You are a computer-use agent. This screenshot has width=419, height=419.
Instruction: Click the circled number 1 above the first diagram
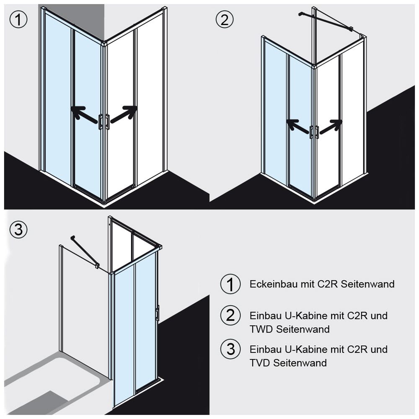(18, 20)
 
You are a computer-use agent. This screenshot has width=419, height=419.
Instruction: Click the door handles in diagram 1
(104, 121)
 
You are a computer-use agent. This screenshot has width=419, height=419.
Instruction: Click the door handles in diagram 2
(314, 132)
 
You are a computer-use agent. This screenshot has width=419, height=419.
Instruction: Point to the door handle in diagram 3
(157, 313)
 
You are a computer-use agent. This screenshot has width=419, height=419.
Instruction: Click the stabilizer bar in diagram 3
(84, 251)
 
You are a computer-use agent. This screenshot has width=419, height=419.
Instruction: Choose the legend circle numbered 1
(230, 284)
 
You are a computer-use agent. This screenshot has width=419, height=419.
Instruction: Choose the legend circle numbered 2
(230, 315)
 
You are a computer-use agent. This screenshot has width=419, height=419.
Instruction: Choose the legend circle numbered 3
(230, 349)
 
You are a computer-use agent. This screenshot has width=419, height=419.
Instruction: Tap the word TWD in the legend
(260, 329)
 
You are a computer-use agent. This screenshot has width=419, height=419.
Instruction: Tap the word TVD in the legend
(260, 362)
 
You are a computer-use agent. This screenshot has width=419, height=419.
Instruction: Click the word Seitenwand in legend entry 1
(367, 284)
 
